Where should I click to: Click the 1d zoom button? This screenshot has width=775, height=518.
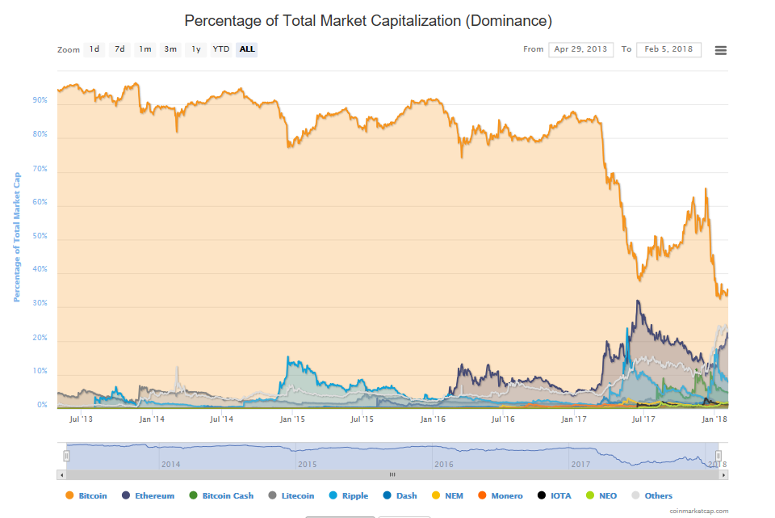(x=94, y=49)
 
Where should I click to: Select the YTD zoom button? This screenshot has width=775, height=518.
(x=221, y=49)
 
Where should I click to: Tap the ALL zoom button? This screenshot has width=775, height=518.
(x=247, y=49)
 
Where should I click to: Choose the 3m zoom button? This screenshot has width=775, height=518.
(x=170, y=49)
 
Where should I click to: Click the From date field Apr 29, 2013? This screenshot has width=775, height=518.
(x=580, y=49)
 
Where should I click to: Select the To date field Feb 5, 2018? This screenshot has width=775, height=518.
(x=668, y=49)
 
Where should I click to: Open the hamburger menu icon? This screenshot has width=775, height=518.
(x=721, y=50)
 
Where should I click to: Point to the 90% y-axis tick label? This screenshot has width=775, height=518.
(x=40, y=101)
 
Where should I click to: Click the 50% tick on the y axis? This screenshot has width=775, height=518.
(x=40, y=236)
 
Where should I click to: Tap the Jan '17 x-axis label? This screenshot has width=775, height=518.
(x=574, y=419)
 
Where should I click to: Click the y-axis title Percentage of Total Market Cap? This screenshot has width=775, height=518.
(x=16, y=236)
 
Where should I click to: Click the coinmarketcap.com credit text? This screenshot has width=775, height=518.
(x=698, y=511)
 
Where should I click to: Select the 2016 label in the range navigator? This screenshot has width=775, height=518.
(x=443, y=465)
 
